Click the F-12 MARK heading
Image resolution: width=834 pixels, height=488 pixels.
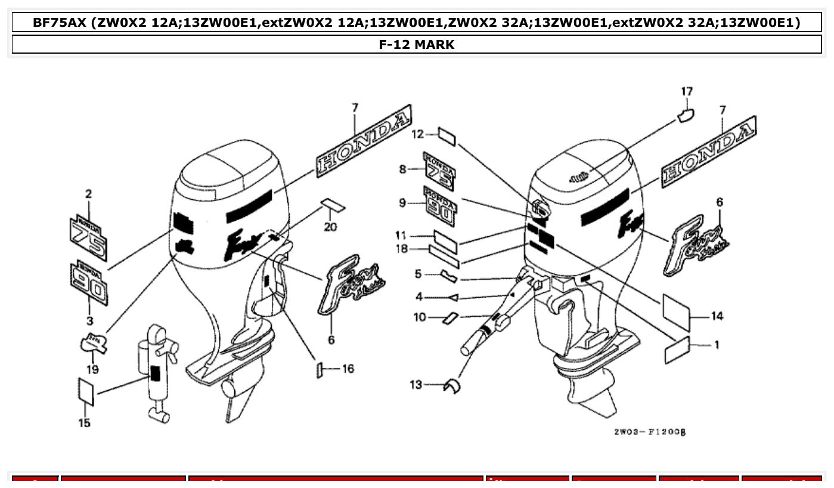click(x=417, y=45)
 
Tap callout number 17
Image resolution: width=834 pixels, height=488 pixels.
click(x=687, y=91)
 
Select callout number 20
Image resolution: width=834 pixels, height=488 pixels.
click(x=330, y=227)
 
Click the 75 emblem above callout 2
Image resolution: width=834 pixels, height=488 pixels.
click(x=88, y=237)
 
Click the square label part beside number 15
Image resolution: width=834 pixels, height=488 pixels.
click(x=86, y=391)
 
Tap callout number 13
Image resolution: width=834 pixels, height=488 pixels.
click(x=416, y=385)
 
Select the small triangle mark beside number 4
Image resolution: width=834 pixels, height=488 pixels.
click(x=452, y=296)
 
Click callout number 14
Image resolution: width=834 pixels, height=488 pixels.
click(x=717, y=316)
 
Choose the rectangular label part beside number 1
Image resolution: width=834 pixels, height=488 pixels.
click(x=677, y=350)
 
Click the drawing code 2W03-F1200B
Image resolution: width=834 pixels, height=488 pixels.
click(x=649, y=431)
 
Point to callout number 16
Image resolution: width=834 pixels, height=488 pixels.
click(x=348, y=369)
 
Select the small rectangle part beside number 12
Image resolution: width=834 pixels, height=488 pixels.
click(x=447, y=136)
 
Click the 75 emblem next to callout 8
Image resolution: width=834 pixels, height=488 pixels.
click(x=439, y=171)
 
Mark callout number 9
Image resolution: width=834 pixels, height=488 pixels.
click(x=403, y=203)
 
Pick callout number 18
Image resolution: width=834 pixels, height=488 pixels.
click(x=403, y=249)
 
